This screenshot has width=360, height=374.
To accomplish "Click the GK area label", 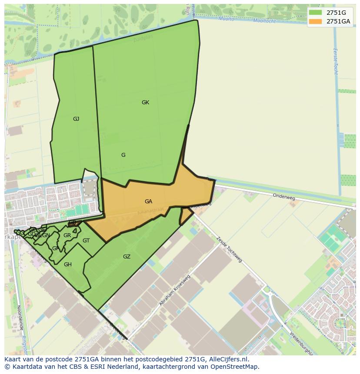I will (x=145, y=103).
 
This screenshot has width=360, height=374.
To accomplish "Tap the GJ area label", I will (x=76, y=119).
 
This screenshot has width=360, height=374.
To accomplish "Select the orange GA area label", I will (x=148, y=201).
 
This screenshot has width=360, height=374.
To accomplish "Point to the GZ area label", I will (x=127, y=257).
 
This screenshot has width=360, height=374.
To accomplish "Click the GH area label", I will (x=68, y=264).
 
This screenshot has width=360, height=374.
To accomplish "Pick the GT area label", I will (x=86, y=241).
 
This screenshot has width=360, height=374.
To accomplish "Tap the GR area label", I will (x=67, y=235).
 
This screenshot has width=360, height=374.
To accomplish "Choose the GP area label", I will (x=56, y=248).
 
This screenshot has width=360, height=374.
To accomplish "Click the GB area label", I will (x=72, y=222).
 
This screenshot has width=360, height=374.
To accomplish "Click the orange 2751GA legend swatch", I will (x=315, y=21).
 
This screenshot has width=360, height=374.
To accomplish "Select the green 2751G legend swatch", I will (x=315, y=13).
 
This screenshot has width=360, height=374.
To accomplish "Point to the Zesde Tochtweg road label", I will (x=229, y=249).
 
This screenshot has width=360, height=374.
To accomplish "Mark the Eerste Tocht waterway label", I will (x=335, y=61).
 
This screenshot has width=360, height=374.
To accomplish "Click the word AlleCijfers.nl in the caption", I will (x=228, y=359).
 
